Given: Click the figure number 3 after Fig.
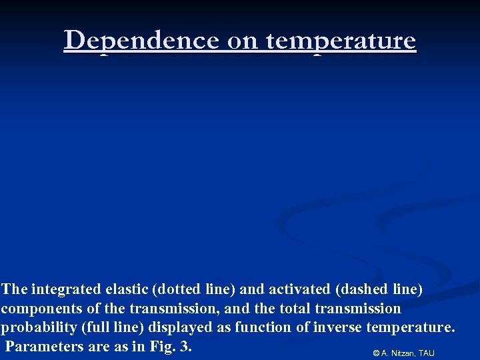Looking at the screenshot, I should pos(184,347).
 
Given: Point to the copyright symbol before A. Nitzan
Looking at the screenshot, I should pos(376,353).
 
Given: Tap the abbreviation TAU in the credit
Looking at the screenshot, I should pos(427,353).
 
